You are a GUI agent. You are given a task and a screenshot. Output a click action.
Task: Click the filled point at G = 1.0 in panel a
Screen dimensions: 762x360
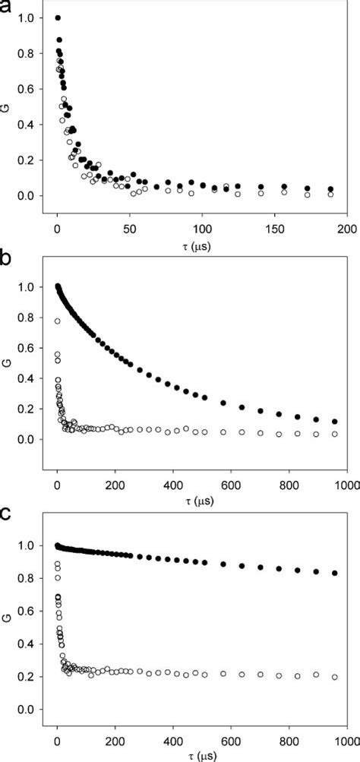[58, 17]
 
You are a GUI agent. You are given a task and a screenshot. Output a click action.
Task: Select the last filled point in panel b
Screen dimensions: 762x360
[336, 422]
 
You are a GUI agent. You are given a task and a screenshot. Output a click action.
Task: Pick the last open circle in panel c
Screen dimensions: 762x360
[336, 677]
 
